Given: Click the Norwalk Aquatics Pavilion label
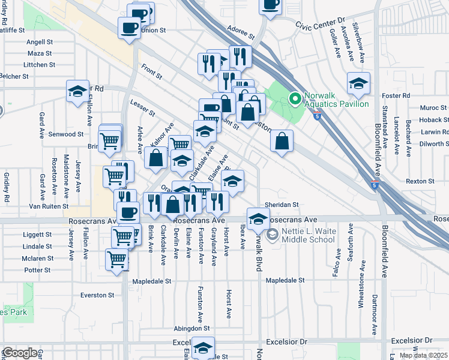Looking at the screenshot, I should point(336,99).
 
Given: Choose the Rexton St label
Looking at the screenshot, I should point(420,181).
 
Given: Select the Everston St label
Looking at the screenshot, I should point(98,295).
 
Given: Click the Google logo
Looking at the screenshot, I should point(19,353).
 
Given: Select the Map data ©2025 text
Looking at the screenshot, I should point(423,355).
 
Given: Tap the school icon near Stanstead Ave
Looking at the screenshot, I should point(358,84).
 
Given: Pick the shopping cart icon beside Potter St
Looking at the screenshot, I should point(116,260).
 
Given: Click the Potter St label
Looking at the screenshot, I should point(37,270).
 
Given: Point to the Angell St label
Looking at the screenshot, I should point(40,42).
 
